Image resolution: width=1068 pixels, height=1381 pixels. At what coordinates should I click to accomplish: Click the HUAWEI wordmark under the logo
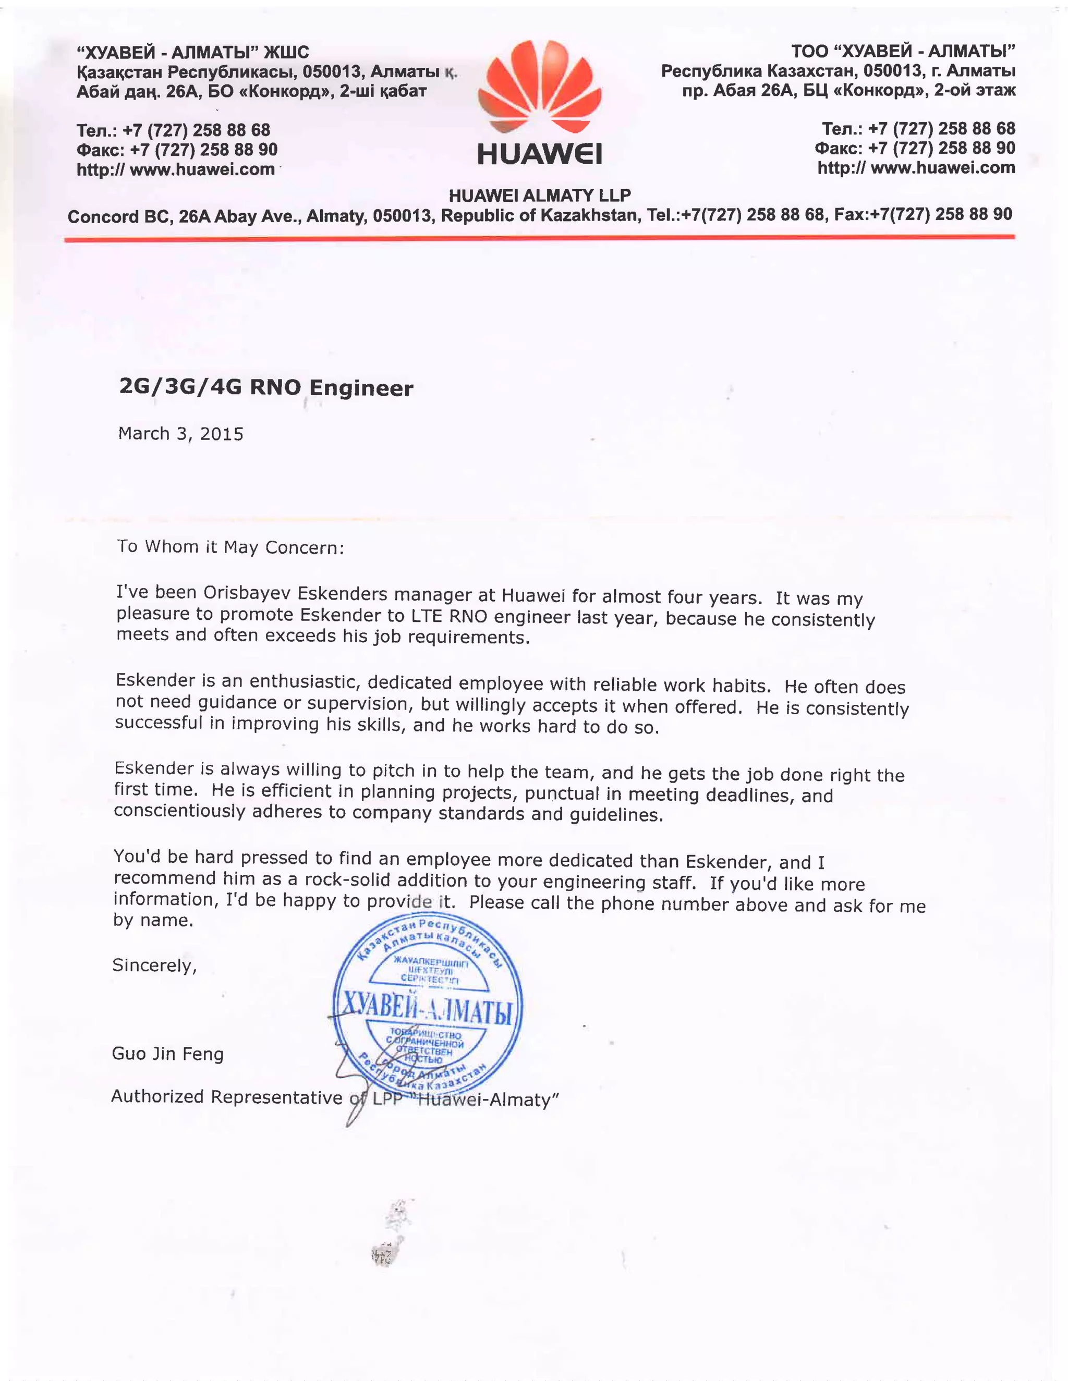click(539, 154)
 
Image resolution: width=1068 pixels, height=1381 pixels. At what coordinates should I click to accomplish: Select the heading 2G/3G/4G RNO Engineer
click(266, 387)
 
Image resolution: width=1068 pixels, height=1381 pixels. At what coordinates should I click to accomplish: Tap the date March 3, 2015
click(180, 434)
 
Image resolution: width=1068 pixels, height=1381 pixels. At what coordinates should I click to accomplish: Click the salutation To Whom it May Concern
click(230, 546)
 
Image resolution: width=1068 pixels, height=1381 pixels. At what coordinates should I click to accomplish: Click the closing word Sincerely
click(154, 966)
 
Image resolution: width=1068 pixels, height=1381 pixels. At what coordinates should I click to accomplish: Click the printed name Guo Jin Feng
click(168, 1054)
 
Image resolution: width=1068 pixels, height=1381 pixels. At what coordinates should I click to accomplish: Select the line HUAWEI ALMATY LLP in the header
click(539, 195)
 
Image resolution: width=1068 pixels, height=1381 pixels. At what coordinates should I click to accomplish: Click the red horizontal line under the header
click(539, 238)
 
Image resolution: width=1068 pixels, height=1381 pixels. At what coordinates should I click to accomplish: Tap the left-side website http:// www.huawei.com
click(175, 169)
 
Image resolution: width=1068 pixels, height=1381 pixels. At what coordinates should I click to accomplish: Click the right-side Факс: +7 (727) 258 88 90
click(914, 148)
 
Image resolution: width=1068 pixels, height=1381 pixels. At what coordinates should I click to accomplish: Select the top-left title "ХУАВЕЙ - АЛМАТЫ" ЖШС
click(192, 52)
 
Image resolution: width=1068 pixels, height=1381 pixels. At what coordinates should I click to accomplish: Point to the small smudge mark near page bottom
click(385, 1255)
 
